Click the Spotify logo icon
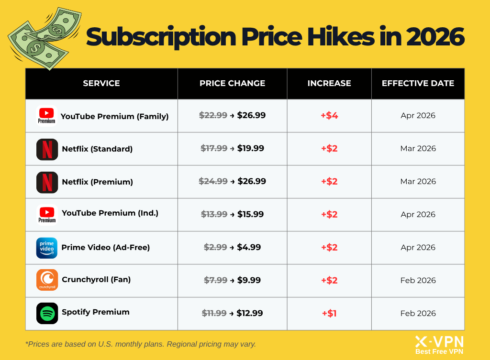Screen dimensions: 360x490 pyautogui.click(x=47, y=313)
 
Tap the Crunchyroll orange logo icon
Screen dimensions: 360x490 pyautogui.click(x=47, y=280)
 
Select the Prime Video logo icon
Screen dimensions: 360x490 pyautogui.click(x=47, y=248)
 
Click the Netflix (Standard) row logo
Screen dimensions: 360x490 pyautogui.click(x=47, y=149)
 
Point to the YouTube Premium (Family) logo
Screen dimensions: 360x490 pyautogui.click(x=47, y=116)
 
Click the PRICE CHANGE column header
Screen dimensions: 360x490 pyautogui.click(x=232, y=83)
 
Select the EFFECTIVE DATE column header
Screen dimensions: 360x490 pyautogui.click(x=418, y=83)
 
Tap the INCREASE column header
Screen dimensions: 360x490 pyautogui.click(x=329, y=83)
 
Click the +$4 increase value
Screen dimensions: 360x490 pyautogui.click(x=329, y=116)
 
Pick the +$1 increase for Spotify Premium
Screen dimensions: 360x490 pyautogui.click(x=329, y=314)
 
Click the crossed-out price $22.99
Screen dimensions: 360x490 pyautogui.click(x=213, y=115)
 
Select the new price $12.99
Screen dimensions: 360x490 pyautogui.click(x=250, y=313)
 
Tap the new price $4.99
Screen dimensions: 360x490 pyautogui.click(x=249, y=247)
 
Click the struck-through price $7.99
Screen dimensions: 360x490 pyautogui.click(x=215, y=280)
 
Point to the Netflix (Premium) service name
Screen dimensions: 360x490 pyautogui.click(x=97, y=182)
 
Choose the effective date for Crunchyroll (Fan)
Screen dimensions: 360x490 pyautogui.click(x=418, y=280)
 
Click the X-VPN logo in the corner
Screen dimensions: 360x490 pyautogui.click(x=439, y=344)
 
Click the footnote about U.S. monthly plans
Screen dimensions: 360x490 pyautogui.click(x=141, y=344)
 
